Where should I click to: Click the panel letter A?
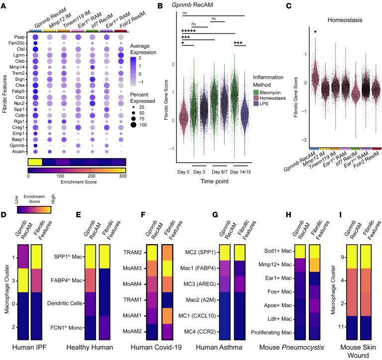click(4, 4)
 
